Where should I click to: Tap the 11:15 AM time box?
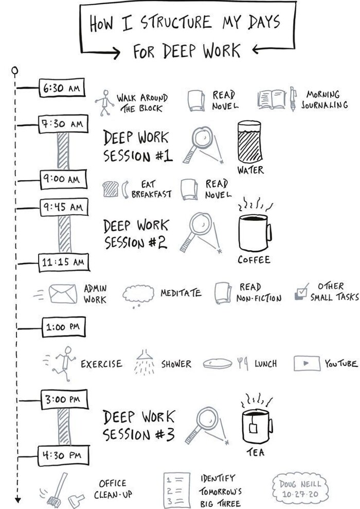pos(64,262)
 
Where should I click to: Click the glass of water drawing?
pos(249,142)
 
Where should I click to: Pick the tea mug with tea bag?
pos(256,425)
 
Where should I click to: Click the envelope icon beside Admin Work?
pos(63,294)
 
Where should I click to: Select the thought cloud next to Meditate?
pos(138,294)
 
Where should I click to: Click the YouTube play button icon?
pos(307,363)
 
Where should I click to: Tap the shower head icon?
pos(145,363)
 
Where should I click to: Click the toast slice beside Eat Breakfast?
pos(110,188)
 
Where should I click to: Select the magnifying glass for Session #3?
pos(206,423)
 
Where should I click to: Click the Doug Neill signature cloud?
pos(300,489)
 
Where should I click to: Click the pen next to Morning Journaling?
pos(293,98)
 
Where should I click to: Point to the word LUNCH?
pos(265,364)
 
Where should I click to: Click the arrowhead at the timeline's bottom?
pos(17,499)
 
